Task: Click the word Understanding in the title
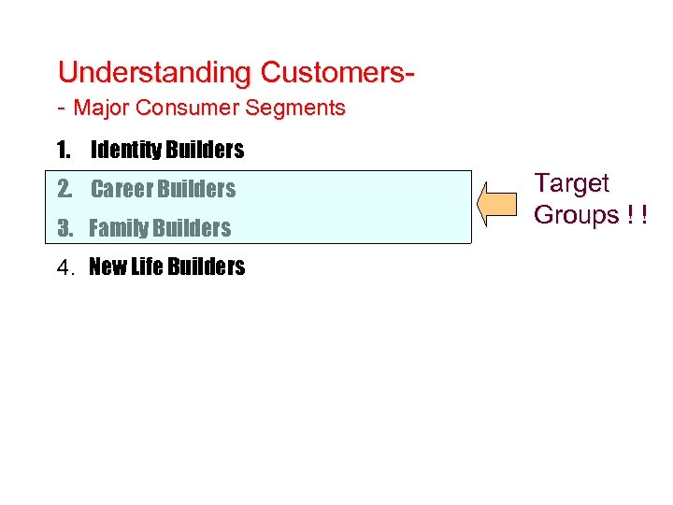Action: (x=155, y=73)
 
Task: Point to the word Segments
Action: (x=295, y=108)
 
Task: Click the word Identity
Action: (x=125, y=151)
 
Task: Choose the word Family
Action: (x=118, y=229)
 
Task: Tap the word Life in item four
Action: (x=147, y=267)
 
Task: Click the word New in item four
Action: (x=107, y=267)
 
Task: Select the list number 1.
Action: (x=63, y=151)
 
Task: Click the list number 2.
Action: (x=64, y=190)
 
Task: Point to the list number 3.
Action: (x=64, y=229)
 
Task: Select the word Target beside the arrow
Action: (x=570, y=184)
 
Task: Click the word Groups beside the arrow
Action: (x=576, y=215)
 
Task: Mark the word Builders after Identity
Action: (x=205, y=151)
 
